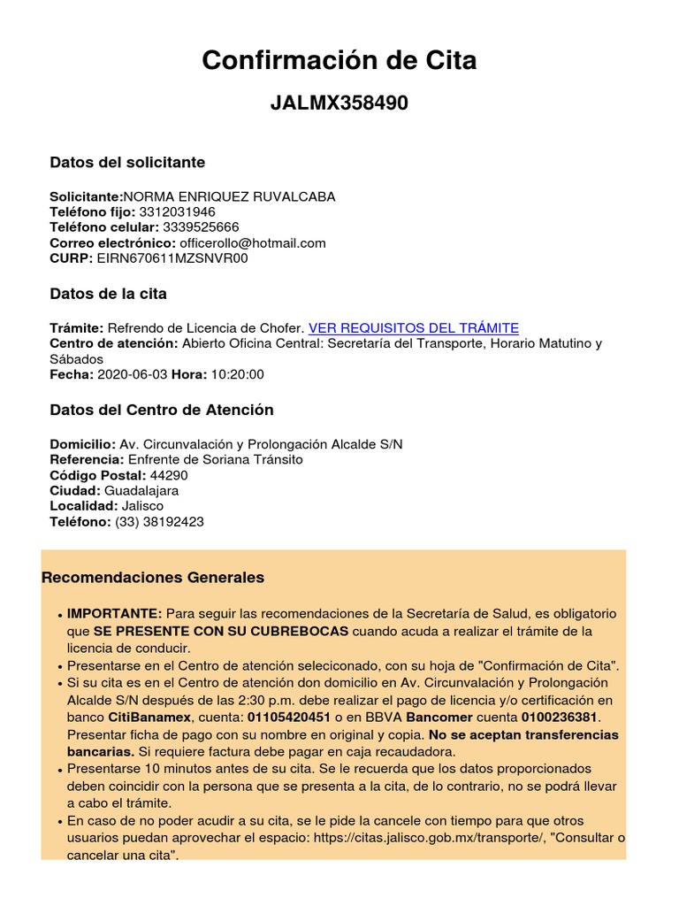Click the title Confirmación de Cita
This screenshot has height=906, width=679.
click(339, 60)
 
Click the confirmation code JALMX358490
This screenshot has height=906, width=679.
click(339, 104)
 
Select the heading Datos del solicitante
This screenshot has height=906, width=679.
click(127, 163)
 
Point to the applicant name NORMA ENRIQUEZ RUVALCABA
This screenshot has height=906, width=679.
click(229, 196)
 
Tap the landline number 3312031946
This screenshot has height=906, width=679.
click(177, 212)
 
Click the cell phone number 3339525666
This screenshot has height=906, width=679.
click(201, 227)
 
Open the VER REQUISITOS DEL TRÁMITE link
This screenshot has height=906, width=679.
click(414, 327)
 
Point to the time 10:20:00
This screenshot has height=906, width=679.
click(237, 374)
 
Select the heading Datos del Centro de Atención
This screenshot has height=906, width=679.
click(162, 411)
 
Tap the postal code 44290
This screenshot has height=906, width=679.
click(169, 475)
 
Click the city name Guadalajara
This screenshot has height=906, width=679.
click(141, 490)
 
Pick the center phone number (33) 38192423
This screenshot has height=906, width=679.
click(159, 522)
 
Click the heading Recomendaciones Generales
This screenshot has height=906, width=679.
click(153, 578)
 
